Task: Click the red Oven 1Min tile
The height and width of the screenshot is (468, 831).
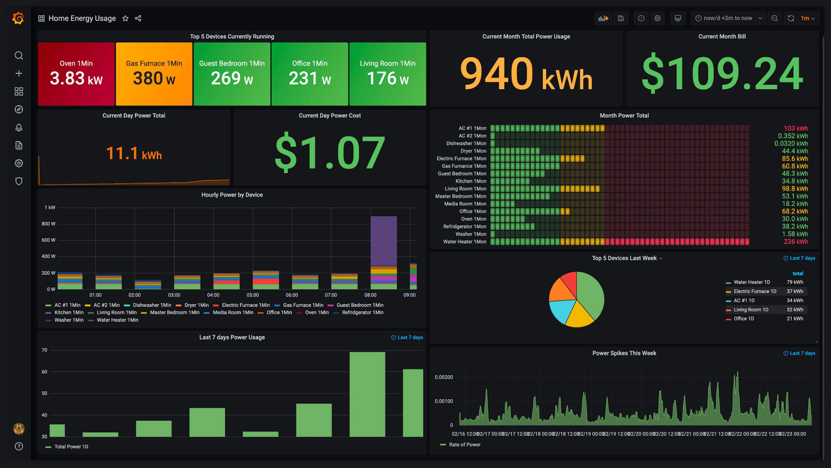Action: [76, 74]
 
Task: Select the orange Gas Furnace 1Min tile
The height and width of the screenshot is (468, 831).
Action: [154, 74]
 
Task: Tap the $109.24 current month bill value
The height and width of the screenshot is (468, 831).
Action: [722, 74]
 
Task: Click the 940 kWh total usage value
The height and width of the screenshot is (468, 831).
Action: [526, 74]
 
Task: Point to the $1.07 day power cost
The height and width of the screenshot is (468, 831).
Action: [330, 152]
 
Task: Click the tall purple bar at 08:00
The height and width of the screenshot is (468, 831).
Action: [383, 241]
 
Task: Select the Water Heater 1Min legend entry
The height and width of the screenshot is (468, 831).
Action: [117, 320]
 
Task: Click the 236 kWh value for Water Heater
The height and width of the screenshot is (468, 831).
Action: [796, 242]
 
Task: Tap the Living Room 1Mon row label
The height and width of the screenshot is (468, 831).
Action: [465, 189]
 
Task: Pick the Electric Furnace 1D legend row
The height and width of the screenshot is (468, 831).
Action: [754, 291]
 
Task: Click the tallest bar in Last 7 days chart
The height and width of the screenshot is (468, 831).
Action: [367, 394]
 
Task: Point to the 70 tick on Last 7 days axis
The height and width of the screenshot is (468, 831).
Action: [44, 350]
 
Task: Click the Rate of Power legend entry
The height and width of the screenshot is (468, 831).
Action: [464, 445]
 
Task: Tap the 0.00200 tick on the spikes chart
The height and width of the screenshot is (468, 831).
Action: [444, 377]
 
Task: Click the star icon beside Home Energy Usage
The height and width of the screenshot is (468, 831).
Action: [125, 18]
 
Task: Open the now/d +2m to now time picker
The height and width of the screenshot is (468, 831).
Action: [728, 18]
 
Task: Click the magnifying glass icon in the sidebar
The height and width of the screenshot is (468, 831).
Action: [19, 55]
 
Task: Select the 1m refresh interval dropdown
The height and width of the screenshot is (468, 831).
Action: [807, 18]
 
